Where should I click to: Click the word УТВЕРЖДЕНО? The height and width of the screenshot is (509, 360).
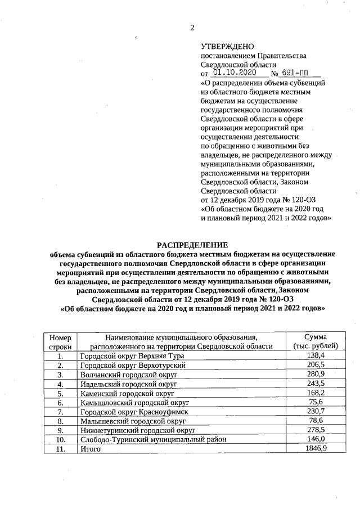(227, 47)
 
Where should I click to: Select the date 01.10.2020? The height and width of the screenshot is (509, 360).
(236, 74)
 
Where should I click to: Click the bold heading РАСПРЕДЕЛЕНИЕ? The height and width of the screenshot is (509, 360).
(192, 245)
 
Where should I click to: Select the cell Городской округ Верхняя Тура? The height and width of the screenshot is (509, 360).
(132, 356)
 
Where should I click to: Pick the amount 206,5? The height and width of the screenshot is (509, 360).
(315, 366)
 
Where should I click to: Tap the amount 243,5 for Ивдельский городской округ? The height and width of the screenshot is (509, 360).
(315, 384)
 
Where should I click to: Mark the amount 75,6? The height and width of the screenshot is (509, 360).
(315, 403)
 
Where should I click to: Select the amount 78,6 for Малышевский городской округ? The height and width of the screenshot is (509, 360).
(315, 421)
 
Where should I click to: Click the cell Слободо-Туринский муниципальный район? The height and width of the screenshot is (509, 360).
(153, 440)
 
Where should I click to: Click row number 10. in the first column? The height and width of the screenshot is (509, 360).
(60, 440)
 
